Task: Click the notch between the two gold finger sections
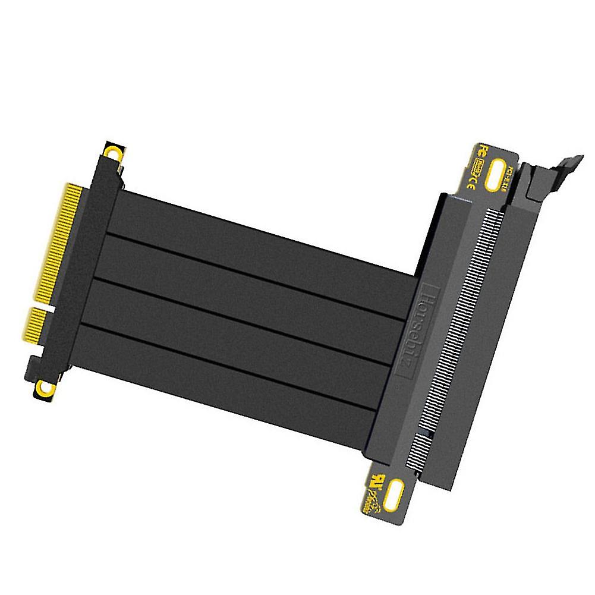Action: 48,304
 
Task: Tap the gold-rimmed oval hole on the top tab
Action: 495,175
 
